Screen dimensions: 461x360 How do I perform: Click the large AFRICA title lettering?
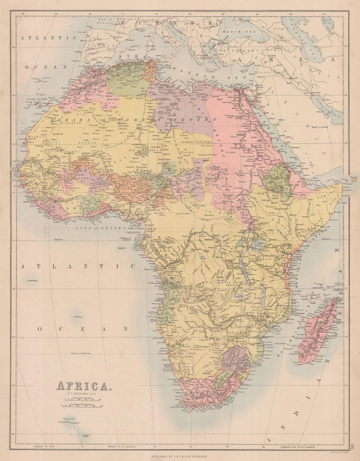point(84,385)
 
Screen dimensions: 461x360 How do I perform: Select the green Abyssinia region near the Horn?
point(278,180)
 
